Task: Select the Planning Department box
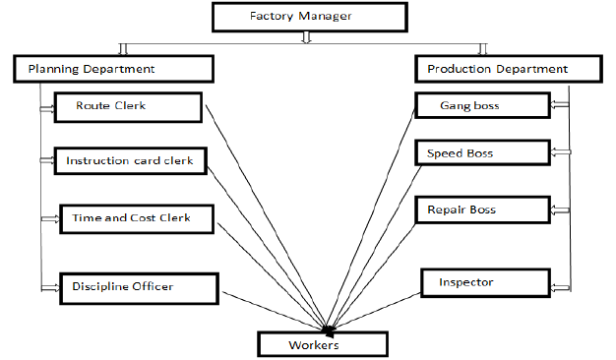113,69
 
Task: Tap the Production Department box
497,69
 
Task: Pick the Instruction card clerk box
131,160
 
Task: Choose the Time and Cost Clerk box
137,217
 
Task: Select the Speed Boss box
481,153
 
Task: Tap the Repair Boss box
482,210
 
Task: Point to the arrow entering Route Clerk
47,108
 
